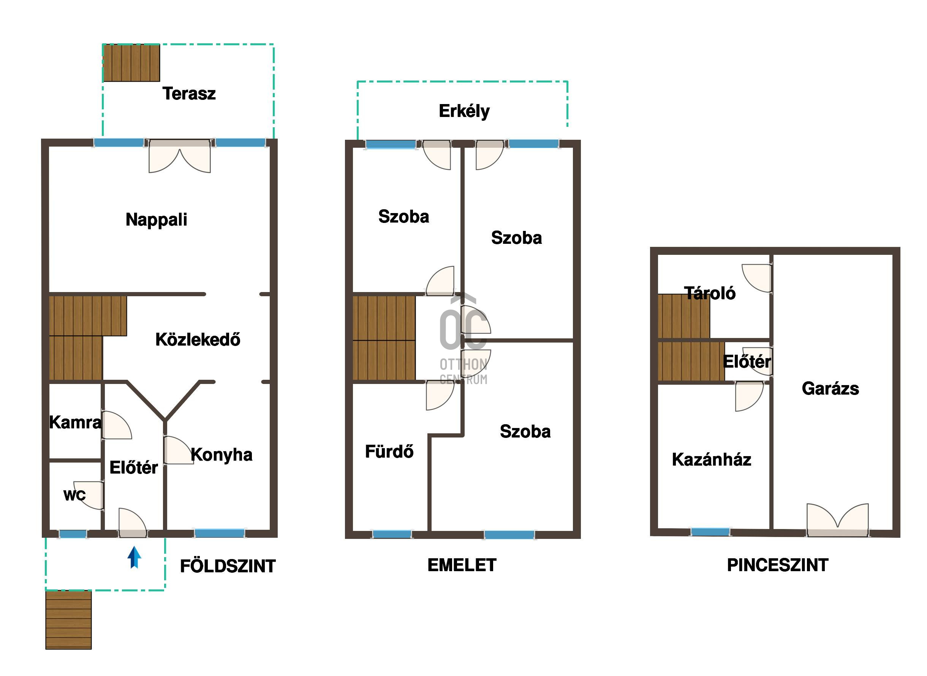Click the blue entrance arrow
(134, 558)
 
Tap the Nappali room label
(157, 220)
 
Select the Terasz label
(189, 94)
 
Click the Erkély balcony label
(464, 111)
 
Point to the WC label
(74, 496)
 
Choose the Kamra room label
(75, 422)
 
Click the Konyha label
(221, 455)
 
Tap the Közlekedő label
(198, 340)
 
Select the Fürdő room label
(389, 452)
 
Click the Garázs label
(831, 389)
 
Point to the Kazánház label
(712, 460)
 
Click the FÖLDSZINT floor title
(228, 566)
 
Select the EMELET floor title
(462, 565)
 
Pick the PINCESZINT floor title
(778, 565)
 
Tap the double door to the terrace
(180, 156)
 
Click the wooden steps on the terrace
(131, 63)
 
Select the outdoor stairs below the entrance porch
(68, 620)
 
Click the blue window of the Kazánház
(710, 532)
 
